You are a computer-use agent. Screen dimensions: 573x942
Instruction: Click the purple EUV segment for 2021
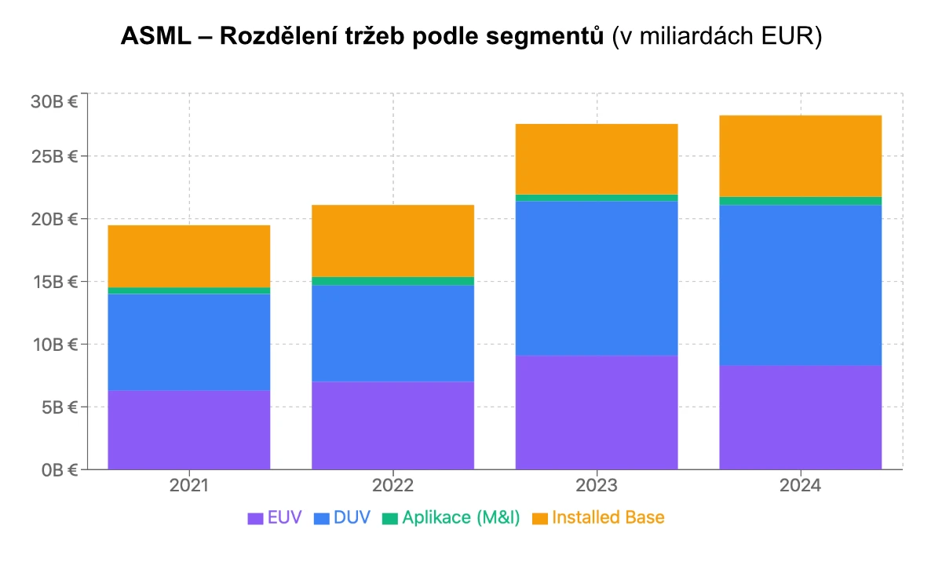click(x=188, y=429)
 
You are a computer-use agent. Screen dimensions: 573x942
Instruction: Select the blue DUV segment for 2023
click(x=597, y=278)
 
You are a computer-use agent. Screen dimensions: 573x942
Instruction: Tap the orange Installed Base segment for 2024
click(x=800, y=155)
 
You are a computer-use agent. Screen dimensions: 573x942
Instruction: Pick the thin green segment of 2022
click(x=392, y=281)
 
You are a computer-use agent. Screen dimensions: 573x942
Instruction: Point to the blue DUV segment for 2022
click(x=392, y=333)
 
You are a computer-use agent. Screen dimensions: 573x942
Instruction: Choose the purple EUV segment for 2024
click(x=800, y=417)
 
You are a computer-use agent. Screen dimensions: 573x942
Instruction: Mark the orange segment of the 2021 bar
click(x=188, y=256)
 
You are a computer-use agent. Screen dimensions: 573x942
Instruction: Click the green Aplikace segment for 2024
click(x=800, y=201)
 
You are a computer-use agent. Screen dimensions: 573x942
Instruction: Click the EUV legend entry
click(x=275, y=518)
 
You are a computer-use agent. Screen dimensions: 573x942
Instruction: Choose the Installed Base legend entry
click(x=598, y=518)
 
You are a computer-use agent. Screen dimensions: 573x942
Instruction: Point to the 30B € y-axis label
click(x=54, y=101)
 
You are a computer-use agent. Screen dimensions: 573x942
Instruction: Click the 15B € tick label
click(x=54, y=282)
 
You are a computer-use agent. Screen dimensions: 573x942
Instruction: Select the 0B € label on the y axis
click(x=57, y=470)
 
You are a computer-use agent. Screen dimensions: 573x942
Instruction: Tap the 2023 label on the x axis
click(x=597, y=486)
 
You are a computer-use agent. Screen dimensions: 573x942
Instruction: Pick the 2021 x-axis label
click(x=188, y=486)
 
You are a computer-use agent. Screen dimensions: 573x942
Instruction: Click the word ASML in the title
click(x=155, y=36)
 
